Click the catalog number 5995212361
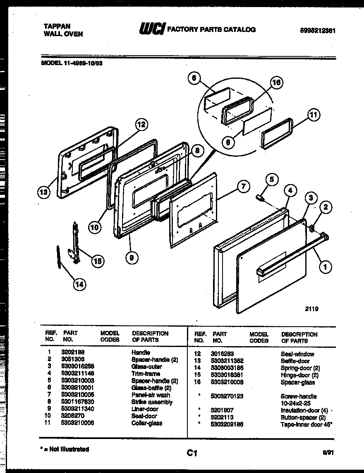pyautogui.click(x=317, y=30)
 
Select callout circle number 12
pyautogui.click(x=141, y=124)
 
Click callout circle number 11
pyautogui.click(x=314, y=114)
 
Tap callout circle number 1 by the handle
pyautogui.click(x=326, y=267)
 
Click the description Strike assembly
pyautogui.click(x=152, y=402)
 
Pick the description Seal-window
pyautogui.click(x=297, y=354)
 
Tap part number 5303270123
pyautogui.click(x=227, y=396)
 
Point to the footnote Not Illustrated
pyautogui.click(x=67, y=449)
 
